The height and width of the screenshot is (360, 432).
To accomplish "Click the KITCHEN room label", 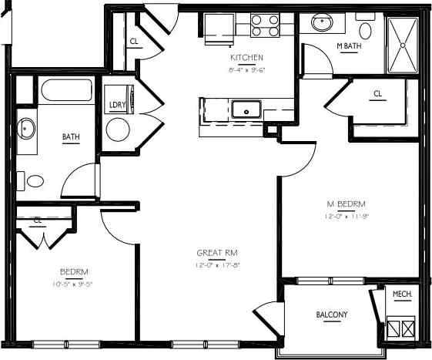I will [246, 58].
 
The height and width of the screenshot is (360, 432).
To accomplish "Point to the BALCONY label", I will [332, 315].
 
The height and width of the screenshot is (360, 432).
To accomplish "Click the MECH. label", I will [402, 294].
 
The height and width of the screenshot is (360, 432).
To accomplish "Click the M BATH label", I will [349, 46].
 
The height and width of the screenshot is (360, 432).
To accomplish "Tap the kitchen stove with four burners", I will [265, 26].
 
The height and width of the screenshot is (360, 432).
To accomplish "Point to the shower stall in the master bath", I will [404, 43].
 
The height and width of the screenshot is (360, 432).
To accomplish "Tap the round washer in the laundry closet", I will [119, 129].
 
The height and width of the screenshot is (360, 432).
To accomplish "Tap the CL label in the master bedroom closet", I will [377, 94].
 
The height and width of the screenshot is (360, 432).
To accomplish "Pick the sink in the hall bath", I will [25, 129].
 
